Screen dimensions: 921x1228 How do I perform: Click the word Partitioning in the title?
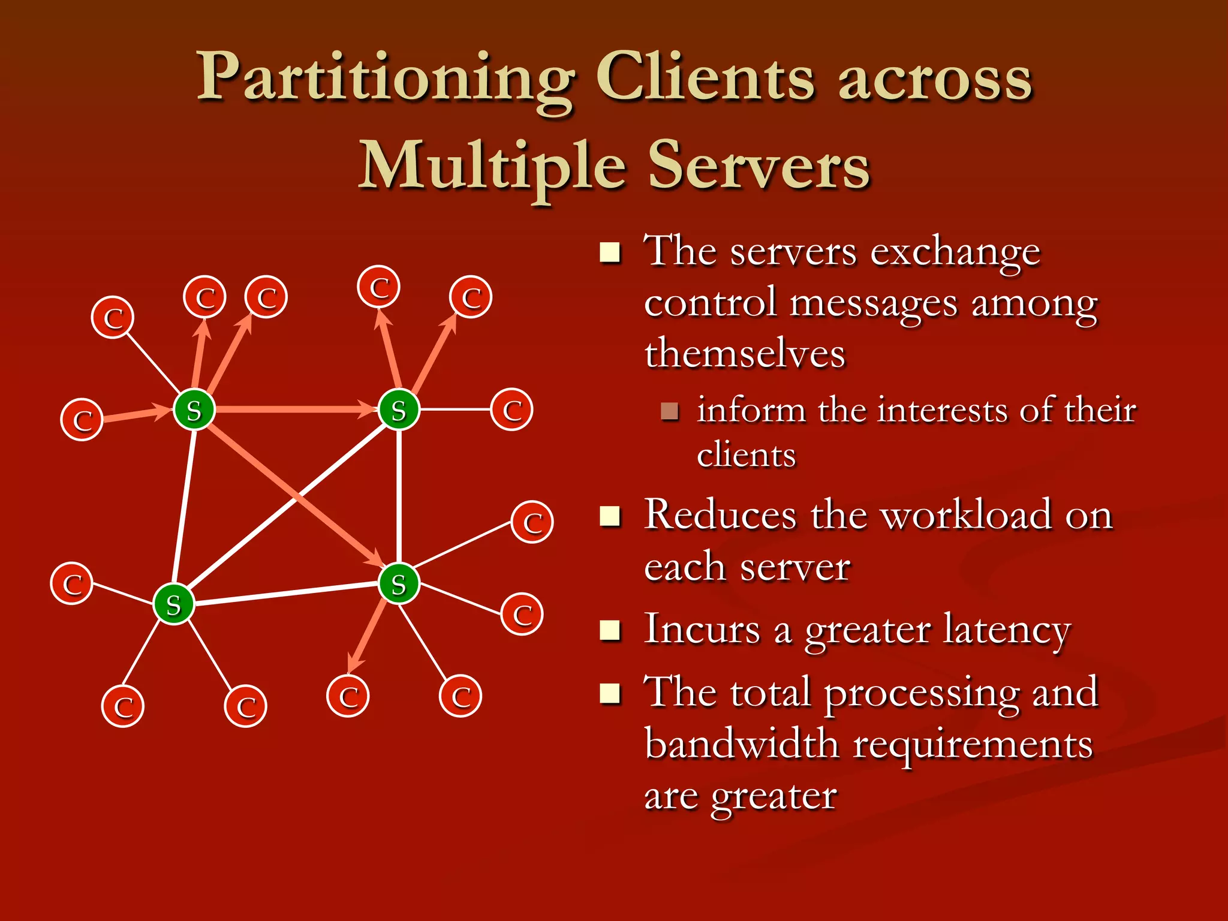[384, 81]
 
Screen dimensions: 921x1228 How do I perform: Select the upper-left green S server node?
[194, 410]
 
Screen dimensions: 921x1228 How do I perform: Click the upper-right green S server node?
[399, 410]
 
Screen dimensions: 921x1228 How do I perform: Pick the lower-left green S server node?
[173, 604]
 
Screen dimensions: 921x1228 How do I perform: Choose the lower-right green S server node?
[399, 583]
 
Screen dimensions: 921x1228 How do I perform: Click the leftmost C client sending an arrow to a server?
[82, 420]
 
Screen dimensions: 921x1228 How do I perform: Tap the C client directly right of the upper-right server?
[511, 410]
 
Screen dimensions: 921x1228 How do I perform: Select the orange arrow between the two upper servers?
[288, 410]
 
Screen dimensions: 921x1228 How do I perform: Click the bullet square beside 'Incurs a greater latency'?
[610, 630]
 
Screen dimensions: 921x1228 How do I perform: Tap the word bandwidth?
[742, 744]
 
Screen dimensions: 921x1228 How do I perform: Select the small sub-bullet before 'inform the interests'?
[669, 411]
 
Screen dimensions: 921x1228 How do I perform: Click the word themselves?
[745, 353]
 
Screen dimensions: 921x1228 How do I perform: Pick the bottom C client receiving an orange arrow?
[348, 696]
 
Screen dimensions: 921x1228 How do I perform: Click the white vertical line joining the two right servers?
[399, 498]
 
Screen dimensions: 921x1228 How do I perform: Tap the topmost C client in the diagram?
[378, 287]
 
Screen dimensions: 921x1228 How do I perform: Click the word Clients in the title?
[705, 81]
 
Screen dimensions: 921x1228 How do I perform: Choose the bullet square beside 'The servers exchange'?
[610, 252]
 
